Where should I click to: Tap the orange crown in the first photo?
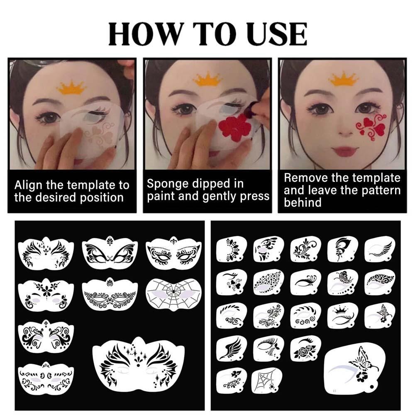(72, 87)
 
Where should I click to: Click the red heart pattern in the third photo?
(371, 126)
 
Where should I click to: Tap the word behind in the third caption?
(303, 203)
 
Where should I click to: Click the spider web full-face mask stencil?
(173, 294)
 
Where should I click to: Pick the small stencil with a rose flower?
(305, 349)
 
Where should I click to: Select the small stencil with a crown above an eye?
(343, 315)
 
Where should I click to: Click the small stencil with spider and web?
(266, 381)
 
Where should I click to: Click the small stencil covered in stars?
(269, 282)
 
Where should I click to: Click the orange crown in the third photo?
(343, 78)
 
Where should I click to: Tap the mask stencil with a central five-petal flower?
(46, 295)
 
